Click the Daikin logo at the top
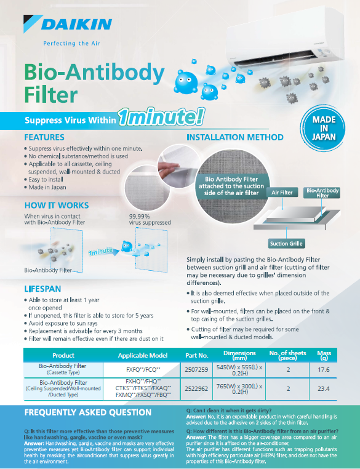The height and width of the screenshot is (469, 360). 68,24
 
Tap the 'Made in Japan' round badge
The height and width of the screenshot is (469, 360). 324,128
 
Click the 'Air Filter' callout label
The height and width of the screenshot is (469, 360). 282,192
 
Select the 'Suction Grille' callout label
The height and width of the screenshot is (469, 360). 286,244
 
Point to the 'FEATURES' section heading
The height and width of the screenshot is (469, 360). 44,137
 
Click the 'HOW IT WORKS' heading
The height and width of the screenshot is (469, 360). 57,205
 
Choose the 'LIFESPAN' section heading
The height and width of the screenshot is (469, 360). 42,289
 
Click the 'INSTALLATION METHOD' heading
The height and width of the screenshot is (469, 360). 235,137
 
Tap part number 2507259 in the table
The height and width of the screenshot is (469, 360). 196,370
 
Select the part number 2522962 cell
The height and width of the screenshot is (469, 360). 196,388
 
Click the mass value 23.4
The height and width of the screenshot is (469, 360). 324,388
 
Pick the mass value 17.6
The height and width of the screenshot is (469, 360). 324,370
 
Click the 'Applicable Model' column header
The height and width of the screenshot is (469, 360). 143,355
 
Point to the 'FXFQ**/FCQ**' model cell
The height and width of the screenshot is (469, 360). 143,370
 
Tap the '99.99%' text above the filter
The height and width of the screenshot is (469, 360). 139,216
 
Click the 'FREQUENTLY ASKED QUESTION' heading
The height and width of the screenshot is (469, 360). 88,412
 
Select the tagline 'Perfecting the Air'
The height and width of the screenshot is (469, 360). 72,43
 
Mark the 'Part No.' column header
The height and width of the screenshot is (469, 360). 196,355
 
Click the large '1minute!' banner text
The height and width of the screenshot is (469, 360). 161,117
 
